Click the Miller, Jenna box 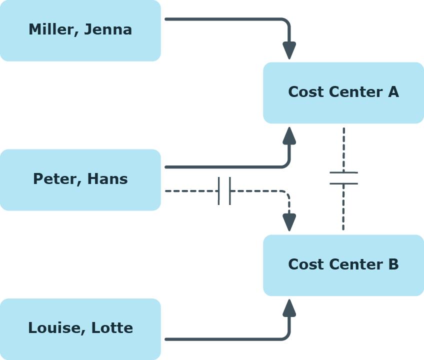click(x=80, y=30)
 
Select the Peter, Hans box click(x=80, y=180)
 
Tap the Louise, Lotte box click(x=80, y=329)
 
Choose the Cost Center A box click(x=343, y=93)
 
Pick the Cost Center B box click(x=343, y=265)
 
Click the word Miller click(x=53, y=29)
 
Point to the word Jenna click(x=108, y=29)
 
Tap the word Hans click(x=107, y=179)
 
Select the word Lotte click(x=112, y=327)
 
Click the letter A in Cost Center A click(x=393, y=91)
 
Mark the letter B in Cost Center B click(x=393, y=264)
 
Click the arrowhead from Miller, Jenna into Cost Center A click(x=289, y=50)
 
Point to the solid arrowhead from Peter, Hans click(x=289, y=135)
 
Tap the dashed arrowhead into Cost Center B click(x=289, y=222)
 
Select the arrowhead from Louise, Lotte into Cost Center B click(x=289, y=308)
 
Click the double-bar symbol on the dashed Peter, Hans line click(x=224, y=191)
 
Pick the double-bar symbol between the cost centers click(x=343, y=178)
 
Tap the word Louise click(x=57, y=328)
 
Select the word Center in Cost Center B click(x=356, y=264)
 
